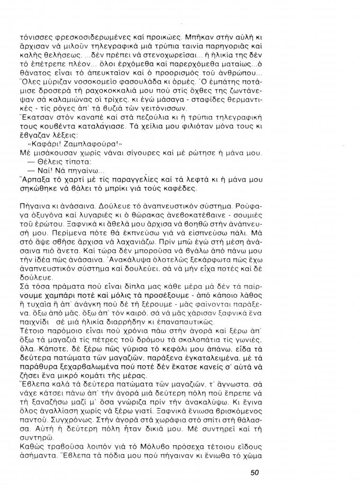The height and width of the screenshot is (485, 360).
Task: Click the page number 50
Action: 253,472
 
